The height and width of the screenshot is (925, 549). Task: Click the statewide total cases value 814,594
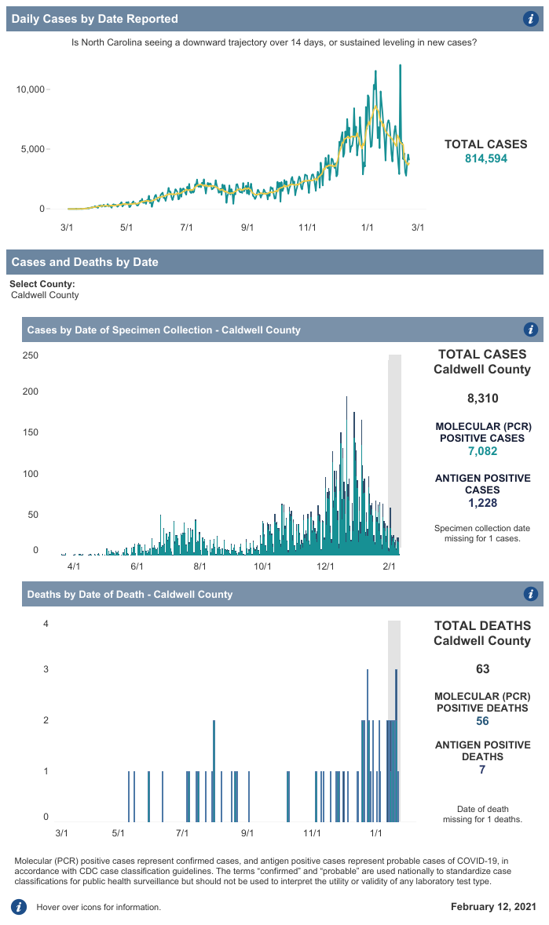coord(486,158)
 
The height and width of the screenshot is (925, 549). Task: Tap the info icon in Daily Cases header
coord(530,19)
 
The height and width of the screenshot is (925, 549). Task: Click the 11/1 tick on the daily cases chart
coord(307,228)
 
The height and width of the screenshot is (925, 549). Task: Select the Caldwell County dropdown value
coord(45,295)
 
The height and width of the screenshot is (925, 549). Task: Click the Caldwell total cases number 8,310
coord(482,399)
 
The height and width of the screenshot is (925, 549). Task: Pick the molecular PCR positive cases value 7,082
coord(482,451)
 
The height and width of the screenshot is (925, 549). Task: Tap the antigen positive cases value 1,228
coord(482,503)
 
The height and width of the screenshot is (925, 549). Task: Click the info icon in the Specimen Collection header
coord(530,330)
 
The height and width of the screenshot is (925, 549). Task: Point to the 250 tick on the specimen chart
coord(30,355)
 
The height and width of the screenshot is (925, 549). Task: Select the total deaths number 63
coord(482,669)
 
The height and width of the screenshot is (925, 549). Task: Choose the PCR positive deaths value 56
coord(482,721)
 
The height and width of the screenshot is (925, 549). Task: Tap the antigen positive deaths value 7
coord(482,770)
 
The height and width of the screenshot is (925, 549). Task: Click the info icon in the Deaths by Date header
coord(530,594)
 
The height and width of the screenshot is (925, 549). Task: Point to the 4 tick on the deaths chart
coord(46,625)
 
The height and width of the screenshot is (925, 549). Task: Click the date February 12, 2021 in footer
coord(493,907)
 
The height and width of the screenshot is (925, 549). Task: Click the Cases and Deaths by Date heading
coord(85,262)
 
